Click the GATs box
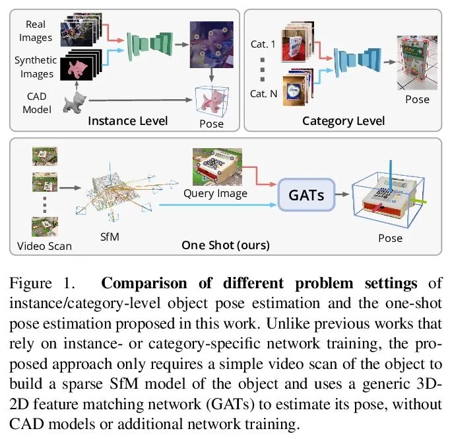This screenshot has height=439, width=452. click(306, 194)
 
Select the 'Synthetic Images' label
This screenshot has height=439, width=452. click(36, 67)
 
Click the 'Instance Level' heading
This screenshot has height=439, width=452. click(128, 120)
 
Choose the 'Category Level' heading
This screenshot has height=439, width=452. click(343, 120)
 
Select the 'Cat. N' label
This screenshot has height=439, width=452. click(263, 94)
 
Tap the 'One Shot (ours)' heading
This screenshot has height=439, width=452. click(226, 245)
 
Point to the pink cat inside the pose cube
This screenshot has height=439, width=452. click(213, 99)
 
